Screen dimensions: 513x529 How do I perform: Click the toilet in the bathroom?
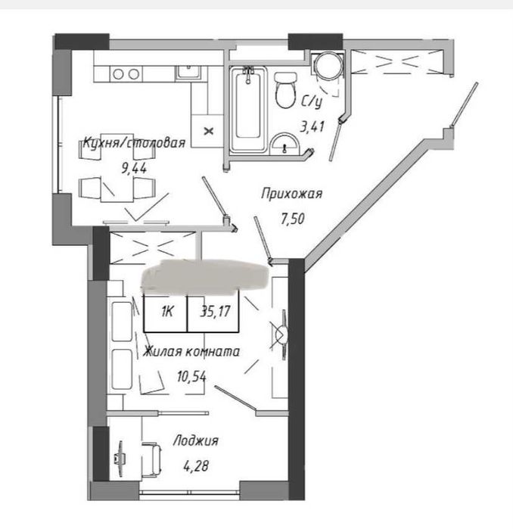pyautogui.click(x=285, y=90)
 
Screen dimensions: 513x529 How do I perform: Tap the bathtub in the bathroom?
pyautogui.click(x=248, y=110)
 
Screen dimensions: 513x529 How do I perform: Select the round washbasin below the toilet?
pyautogui.click(x=284, y=144)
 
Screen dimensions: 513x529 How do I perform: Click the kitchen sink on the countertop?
pyautogui.click(x=188, y=73)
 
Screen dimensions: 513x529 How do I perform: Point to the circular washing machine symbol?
pyautogui.click(x=328, y=65)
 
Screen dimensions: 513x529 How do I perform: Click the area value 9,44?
pyautogui.click(x=134, y=168)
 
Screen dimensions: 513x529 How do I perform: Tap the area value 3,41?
pyautogui.click(x=312, y=127)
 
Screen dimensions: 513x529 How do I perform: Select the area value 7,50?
pyautogui.click(x=292, y=219)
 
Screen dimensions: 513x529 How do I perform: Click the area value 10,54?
pyautogui.click(x=191, y=377)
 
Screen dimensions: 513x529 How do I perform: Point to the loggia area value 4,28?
pyautogui.click(x=196, y=466)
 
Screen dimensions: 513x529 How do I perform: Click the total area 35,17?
pyautogui.click(x=215, y=311)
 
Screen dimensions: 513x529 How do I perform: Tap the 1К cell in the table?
pyautogui.click(x=167, y=311)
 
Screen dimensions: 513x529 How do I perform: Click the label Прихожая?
pyautogui.click(x=292, y=194)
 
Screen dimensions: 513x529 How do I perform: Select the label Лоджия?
pyautogui.click(x=196, y=440)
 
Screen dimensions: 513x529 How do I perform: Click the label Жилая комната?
pyautogui.click(x=191, y=352)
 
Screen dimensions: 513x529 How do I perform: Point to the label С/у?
pyautogui.click(x=312, y=101)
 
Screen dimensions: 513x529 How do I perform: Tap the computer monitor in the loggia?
pyautogui.click(x=120, y=459)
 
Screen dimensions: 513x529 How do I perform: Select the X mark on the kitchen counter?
pyautogui.click(x=209, y=131)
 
